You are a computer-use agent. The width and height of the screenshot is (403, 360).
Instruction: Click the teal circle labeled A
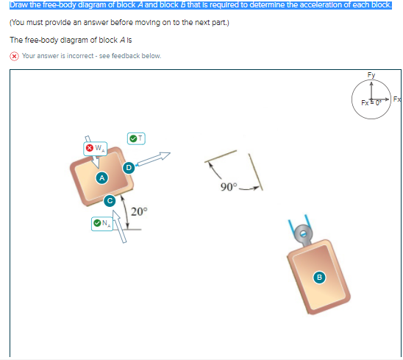pos(102,178)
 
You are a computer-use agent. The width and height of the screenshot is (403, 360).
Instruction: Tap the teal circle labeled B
pos(319,277)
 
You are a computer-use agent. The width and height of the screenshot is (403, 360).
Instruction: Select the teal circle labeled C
pos(110,201)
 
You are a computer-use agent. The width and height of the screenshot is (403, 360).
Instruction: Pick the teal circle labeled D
pos(129,168)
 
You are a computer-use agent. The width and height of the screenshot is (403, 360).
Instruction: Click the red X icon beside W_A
pos(90,148)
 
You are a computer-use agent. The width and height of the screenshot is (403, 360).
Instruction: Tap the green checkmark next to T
pos(133,138)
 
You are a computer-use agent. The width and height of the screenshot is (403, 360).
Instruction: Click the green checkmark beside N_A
pos(97,223)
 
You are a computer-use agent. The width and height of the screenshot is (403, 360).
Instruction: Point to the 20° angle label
pos(139,211)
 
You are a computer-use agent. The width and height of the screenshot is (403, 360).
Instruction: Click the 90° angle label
pos(229,187)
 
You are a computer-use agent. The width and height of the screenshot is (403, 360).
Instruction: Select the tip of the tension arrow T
pos(170,153)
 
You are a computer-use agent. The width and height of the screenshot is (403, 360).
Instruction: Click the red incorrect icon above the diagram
pos(14,56)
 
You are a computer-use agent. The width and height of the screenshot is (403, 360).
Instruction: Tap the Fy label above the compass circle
pos(371,75)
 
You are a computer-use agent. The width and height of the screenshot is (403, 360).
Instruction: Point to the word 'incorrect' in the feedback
pos(80,56)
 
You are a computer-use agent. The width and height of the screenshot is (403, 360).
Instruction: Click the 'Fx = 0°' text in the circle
pos(371,102)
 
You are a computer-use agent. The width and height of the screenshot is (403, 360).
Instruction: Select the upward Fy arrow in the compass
pos(371,91)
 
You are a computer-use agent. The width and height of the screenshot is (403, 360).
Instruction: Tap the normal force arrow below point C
pos(119,226)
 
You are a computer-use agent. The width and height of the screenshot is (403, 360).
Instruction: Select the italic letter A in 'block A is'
pos(122,40)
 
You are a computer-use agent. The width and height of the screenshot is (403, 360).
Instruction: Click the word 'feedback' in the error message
pos(126,56)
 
